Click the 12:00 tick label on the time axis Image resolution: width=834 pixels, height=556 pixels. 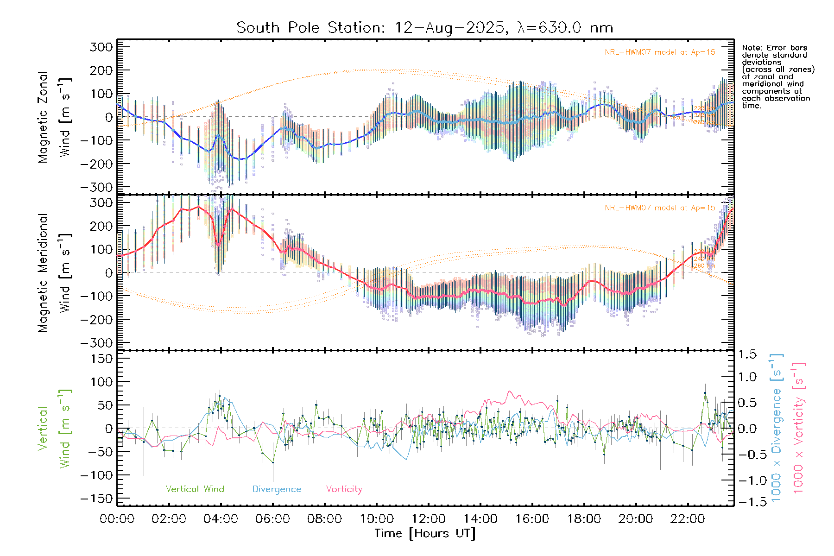pos(429,519)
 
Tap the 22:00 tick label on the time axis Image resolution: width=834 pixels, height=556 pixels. pos(688,519)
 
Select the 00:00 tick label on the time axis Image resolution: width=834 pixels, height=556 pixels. pos(117,519)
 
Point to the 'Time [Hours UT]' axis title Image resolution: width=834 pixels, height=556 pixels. pos(425,533)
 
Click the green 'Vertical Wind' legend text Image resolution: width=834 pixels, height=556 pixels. pos(195,489)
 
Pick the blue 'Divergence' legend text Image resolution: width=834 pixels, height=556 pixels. pos(277,489)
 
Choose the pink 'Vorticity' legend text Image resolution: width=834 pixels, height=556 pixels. pos(344,489)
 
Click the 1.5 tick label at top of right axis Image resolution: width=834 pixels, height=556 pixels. pos(747,354)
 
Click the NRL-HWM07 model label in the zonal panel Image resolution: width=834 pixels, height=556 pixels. pos(660,52)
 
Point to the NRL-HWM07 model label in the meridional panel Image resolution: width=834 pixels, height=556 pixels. pos(660,208)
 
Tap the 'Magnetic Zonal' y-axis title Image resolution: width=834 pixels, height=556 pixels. pos(43,117)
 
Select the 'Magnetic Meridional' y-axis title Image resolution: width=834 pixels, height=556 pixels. pos(43,273)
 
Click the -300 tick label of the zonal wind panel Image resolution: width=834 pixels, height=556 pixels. pos(96,187)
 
